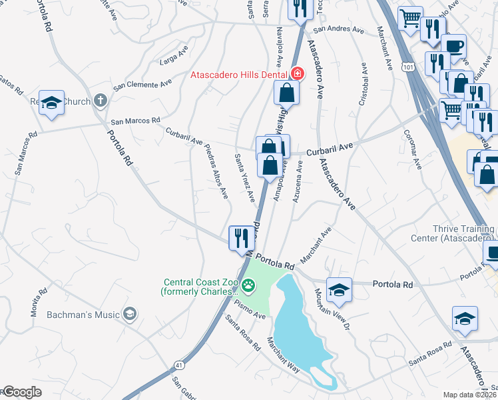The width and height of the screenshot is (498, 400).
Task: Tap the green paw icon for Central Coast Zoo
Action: [x=248, y=286]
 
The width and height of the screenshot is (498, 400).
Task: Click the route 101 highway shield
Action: [x=408, y=67]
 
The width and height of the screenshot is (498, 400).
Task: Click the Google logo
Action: [x=21, y=393]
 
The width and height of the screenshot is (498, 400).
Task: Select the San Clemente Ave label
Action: [x=142, y=85]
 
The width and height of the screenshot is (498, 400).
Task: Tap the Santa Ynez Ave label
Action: [x=244, y=177]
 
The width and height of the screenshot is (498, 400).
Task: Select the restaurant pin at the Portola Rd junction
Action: [x=241, y=238]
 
